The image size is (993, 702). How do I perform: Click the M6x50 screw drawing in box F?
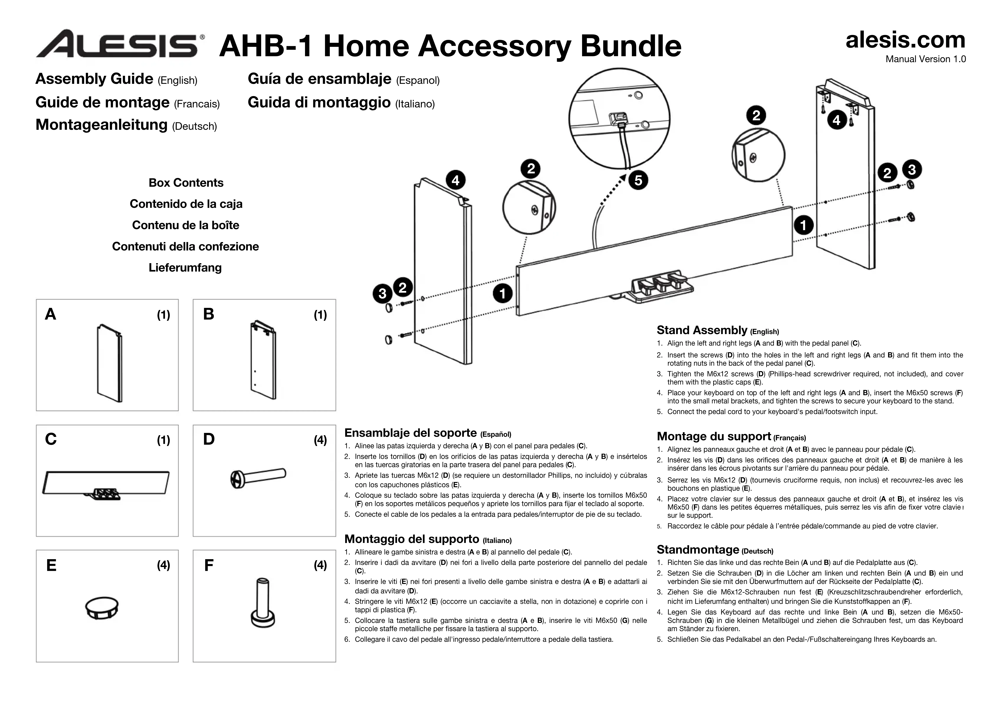(x=263, y=602)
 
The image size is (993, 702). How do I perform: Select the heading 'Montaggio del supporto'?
(x=412, y=539)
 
